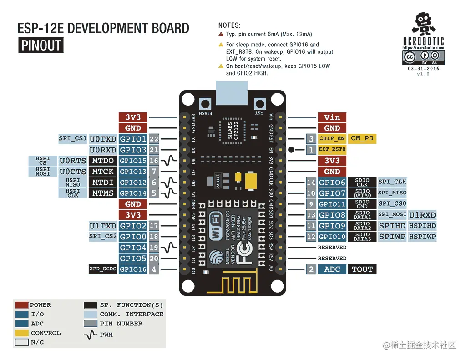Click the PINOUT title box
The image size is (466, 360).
[x=41, y=46]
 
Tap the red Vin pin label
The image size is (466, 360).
[x=332, y=117]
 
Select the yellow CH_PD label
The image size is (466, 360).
[x=362, y=138]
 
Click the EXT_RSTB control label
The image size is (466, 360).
[x=332, y=149]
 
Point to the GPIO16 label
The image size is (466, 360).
[x=133, y=269]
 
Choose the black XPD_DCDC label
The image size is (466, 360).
[x=103, y=269]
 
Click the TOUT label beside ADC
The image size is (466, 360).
[x=362, y=269]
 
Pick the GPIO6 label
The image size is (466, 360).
[x=332, y=183]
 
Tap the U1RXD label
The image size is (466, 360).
[x=422, y=215]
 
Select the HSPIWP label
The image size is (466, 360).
[x=422, y=237]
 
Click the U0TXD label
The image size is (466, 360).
[x=103, y=139]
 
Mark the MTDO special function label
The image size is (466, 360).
[x=103, y=161]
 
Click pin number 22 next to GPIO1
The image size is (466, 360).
[x=154, y=139]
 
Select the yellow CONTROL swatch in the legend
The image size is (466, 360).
[x=21, y=333]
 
